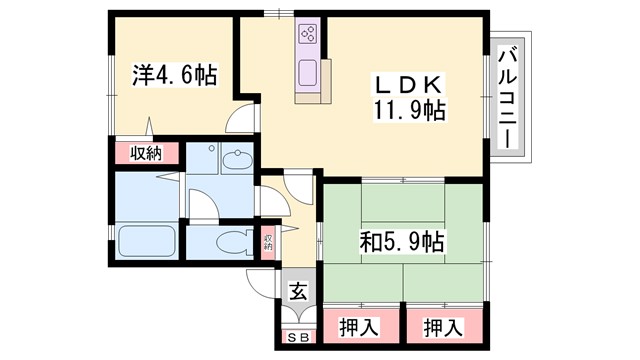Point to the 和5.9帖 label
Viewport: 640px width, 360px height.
[402, 241]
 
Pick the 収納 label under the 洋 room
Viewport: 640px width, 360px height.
[146, 154]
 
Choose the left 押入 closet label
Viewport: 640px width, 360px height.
[359, 327]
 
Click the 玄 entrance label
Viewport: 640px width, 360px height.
[297, 293]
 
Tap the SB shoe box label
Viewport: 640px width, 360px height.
[297, 337]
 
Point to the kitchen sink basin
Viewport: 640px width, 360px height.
[307, 73]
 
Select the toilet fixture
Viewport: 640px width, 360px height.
[227, 241]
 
